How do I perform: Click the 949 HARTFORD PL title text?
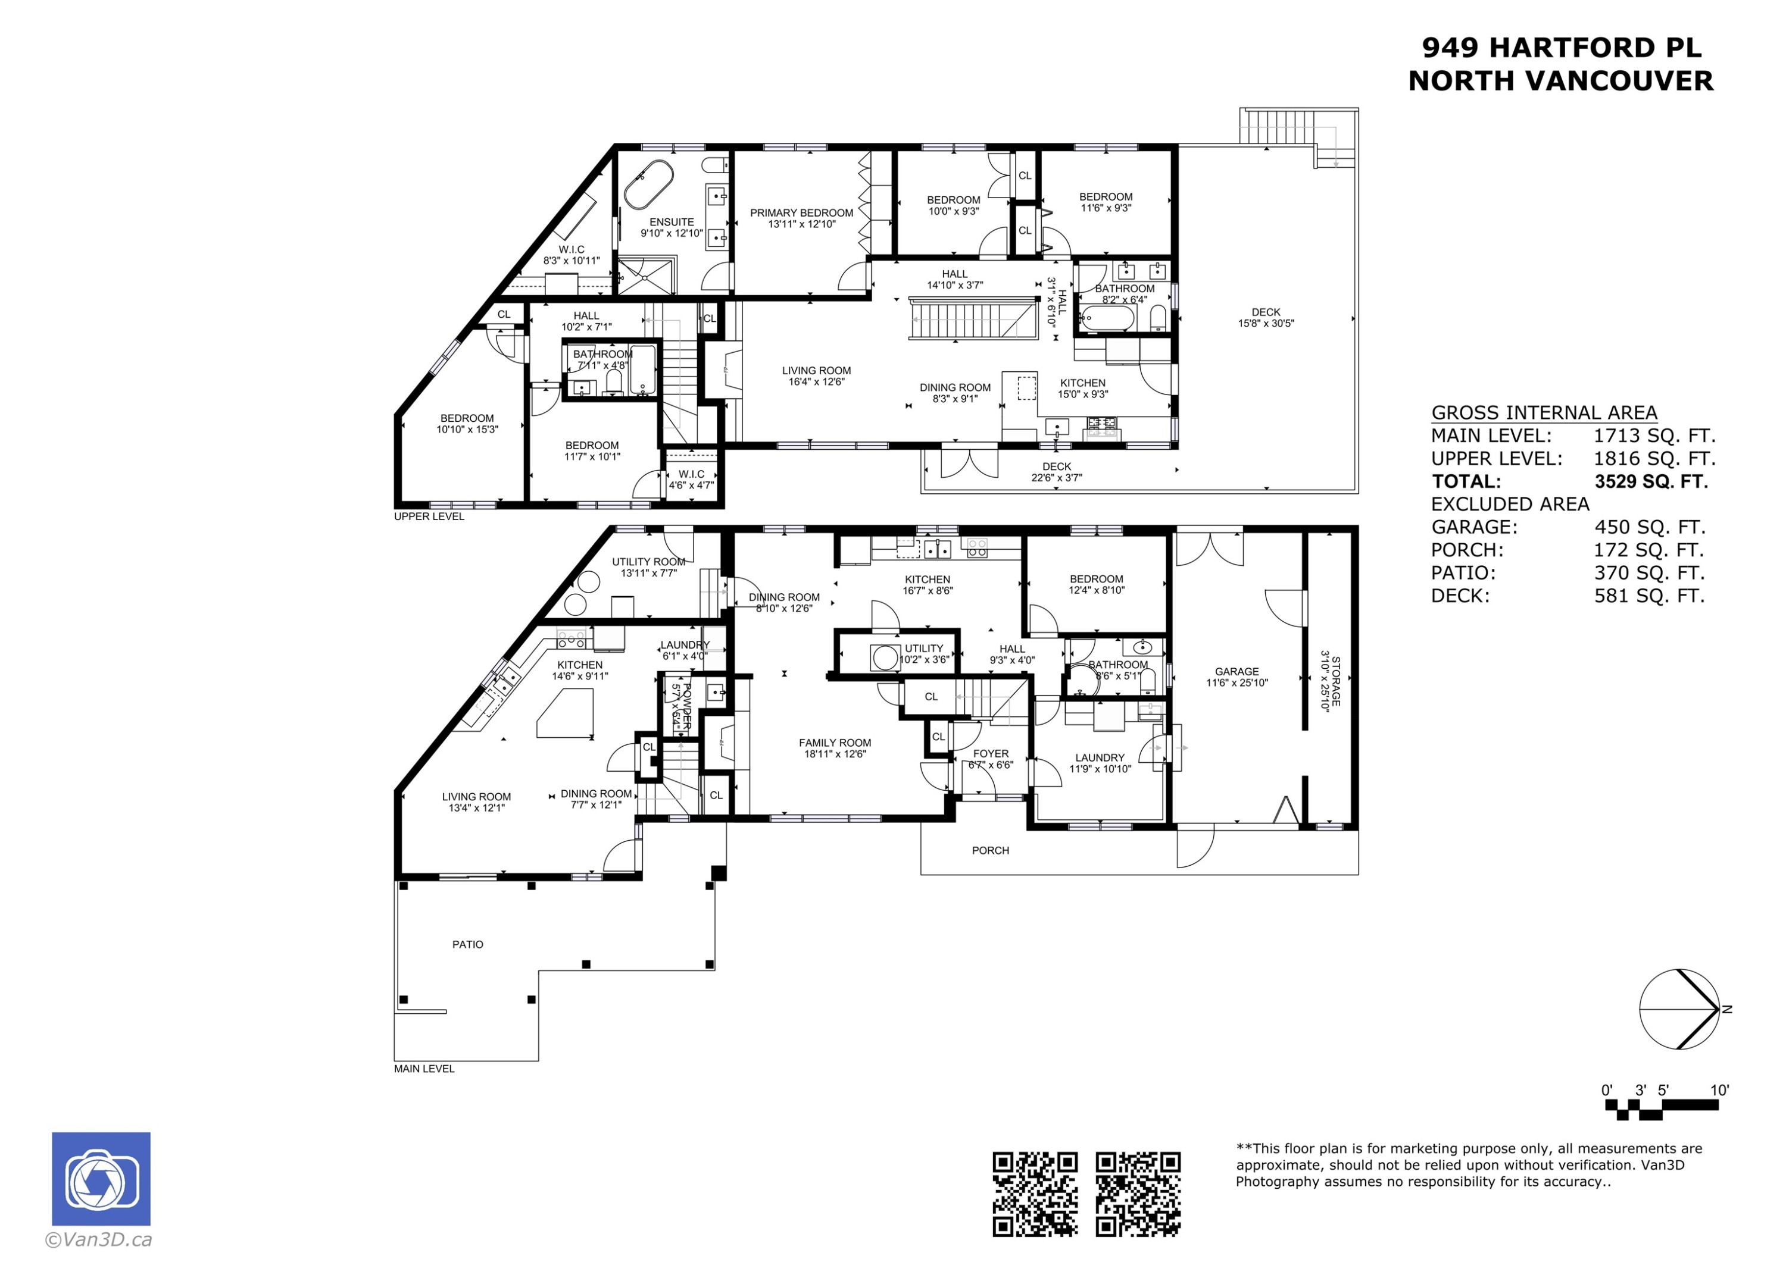tap(1561, 48)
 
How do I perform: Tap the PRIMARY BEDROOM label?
tap(801, 213)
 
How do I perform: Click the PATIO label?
tap(467, 945)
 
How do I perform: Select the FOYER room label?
tap(990, 753)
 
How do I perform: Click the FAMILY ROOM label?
tap(835, 743)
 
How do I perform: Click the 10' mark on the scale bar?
tap(1720, 1090)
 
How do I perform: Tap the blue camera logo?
tap(101, 1179)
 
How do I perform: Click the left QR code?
tap(1035, 1194)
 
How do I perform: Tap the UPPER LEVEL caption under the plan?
tap(429, 516)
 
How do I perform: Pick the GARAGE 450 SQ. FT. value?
tap(1649, 527)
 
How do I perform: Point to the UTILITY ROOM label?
tap(648, 562)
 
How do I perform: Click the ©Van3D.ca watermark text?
tap(99, 1239)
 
